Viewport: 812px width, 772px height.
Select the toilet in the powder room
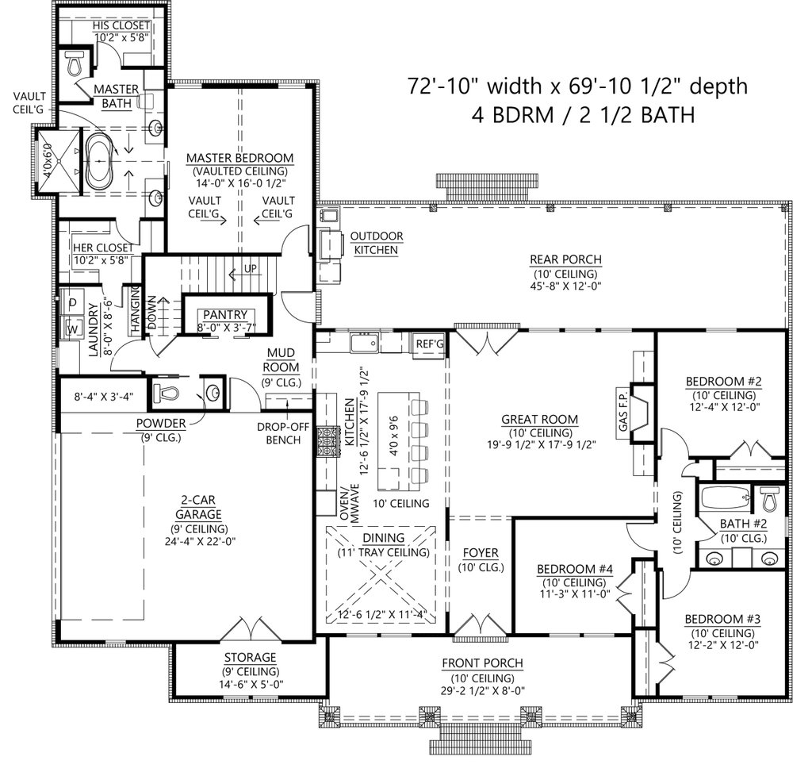[x=166, y=392]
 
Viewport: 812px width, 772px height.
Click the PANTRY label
[x=225, y=314]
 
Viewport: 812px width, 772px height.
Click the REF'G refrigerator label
[x=429, y=343]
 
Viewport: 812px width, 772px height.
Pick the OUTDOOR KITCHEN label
[x=377, y=243]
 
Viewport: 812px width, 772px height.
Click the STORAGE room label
[x=250, y=658]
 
